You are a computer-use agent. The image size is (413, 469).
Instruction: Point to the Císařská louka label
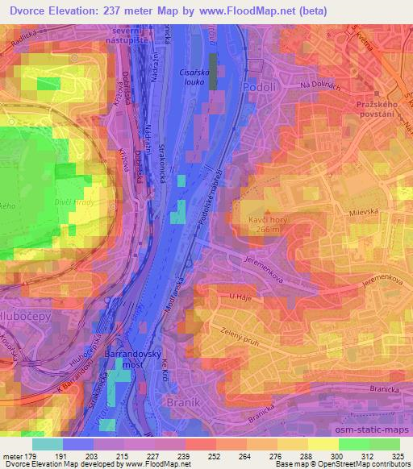pos(194,77)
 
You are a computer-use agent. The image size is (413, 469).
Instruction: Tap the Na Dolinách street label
pos(317,85)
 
